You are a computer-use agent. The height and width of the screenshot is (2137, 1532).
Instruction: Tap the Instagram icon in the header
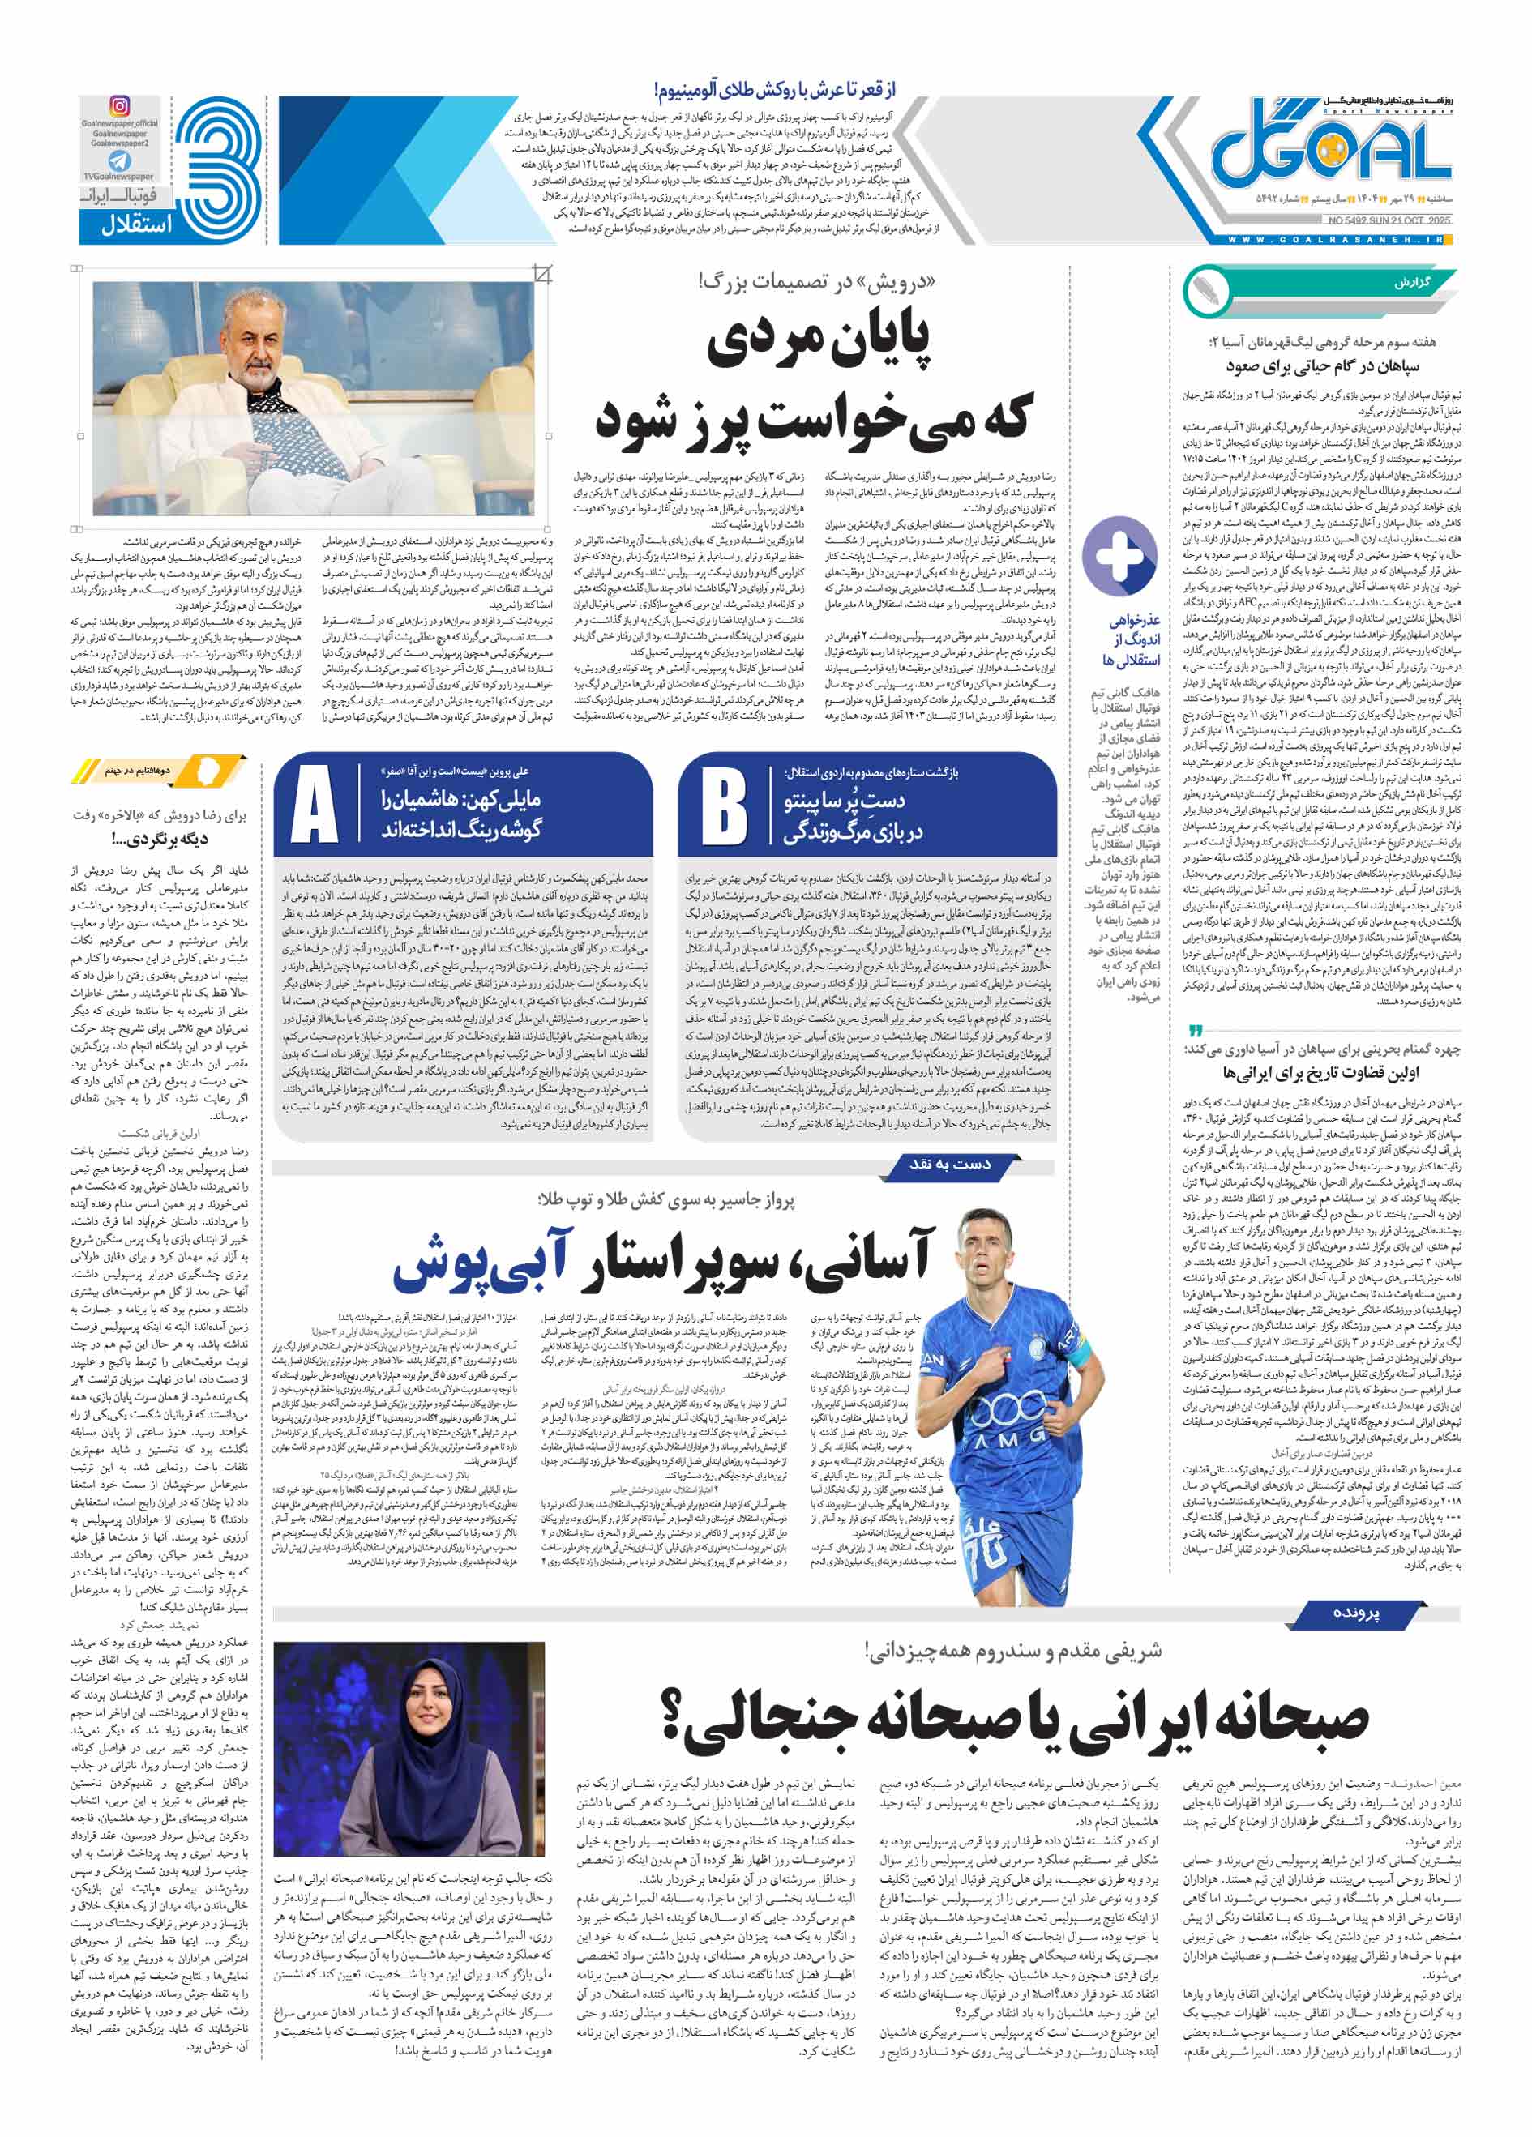coord(120,106)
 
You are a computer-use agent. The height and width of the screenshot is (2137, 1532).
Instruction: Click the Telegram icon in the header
coord(120,161)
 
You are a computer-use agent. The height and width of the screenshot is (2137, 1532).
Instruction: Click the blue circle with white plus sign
coord(1119,555)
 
